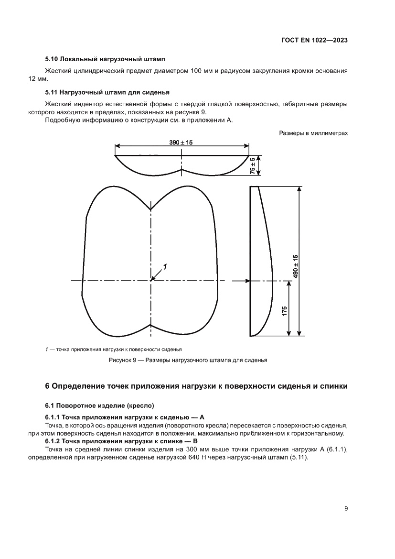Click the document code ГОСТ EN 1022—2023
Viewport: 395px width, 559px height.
click(313, 41)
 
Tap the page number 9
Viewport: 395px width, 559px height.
click(345, 508)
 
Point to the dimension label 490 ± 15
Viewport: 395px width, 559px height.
click(296, 266)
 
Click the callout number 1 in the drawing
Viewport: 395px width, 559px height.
click(165, 266)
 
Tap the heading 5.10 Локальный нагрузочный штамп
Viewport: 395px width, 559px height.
click(105, 60)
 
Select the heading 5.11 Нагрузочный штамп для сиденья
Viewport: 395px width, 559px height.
click(107, 92)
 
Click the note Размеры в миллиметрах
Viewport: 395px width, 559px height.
click(313, 133)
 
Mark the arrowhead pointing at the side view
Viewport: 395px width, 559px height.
click(247, 281)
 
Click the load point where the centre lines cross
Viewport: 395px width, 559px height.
click(151, 281)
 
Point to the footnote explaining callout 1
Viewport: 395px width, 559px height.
click(113, 349)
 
